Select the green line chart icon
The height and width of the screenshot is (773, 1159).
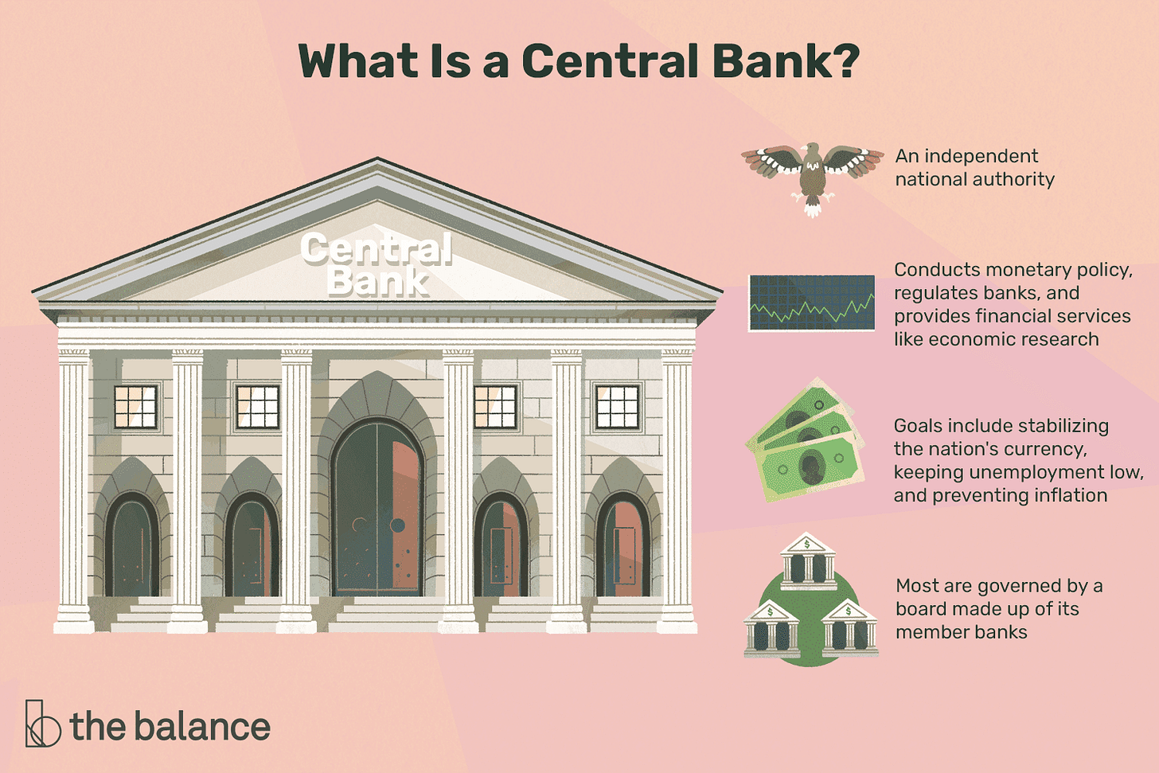811,303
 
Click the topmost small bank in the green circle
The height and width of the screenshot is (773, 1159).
808,562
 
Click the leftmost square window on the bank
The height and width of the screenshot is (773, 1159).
135,407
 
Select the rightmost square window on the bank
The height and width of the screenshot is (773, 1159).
618,407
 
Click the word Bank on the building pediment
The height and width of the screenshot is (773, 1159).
377,282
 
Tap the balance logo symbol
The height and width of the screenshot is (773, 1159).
42,724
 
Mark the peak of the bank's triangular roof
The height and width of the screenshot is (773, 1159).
377,160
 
